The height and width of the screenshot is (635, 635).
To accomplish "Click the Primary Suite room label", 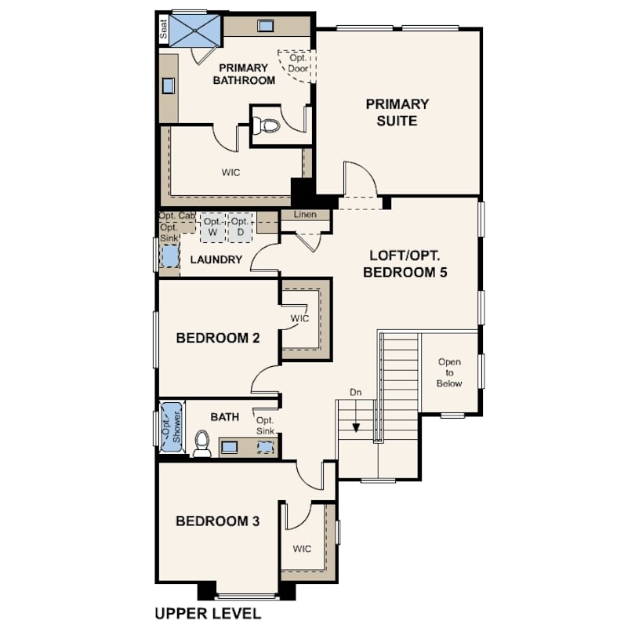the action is point(397,112).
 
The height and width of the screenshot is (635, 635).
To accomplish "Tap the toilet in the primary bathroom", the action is point(265,125).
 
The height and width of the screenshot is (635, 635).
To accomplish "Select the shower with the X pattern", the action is point(195,31).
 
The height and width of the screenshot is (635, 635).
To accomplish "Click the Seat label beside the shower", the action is point(163,29).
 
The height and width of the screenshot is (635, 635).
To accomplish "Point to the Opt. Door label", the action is point(298,63).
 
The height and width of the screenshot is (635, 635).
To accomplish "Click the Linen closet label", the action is point(306,214).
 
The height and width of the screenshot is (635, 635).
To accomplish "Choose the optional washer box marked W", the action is point(212,227).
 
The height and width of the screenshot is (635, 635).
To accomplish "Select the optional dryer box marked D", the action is point(240,227).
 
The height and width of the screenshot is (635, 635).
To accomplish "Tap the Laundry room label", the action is point(216,259).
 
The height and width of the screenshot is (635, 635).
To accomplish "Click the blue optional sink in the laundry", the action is point(170,256).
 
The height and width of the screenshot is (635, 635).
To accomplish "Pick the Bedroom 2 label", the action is point(218,338).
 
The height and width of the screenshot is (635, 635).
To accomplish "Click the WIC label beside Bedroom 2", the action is point(299,318).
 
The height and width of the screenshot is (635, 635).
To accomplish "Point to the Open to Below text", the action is point(449,372).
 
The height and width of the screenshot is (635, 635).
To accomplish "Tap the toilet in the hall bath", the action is point(202,444).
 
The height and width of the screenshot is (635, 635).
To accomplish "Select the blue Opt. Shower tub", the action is point(172,426).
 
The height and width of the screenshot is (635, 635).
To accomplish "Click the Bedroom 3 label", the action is point(217,521).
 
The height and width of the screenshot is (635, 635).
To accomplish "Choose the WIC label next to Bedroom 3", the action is point(302,549).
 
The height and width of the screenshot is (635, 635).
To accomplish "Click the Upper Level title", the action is point(209,614).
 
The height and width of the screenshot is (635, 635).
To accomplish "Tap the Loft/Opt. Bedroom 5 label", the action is point(405,263).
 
